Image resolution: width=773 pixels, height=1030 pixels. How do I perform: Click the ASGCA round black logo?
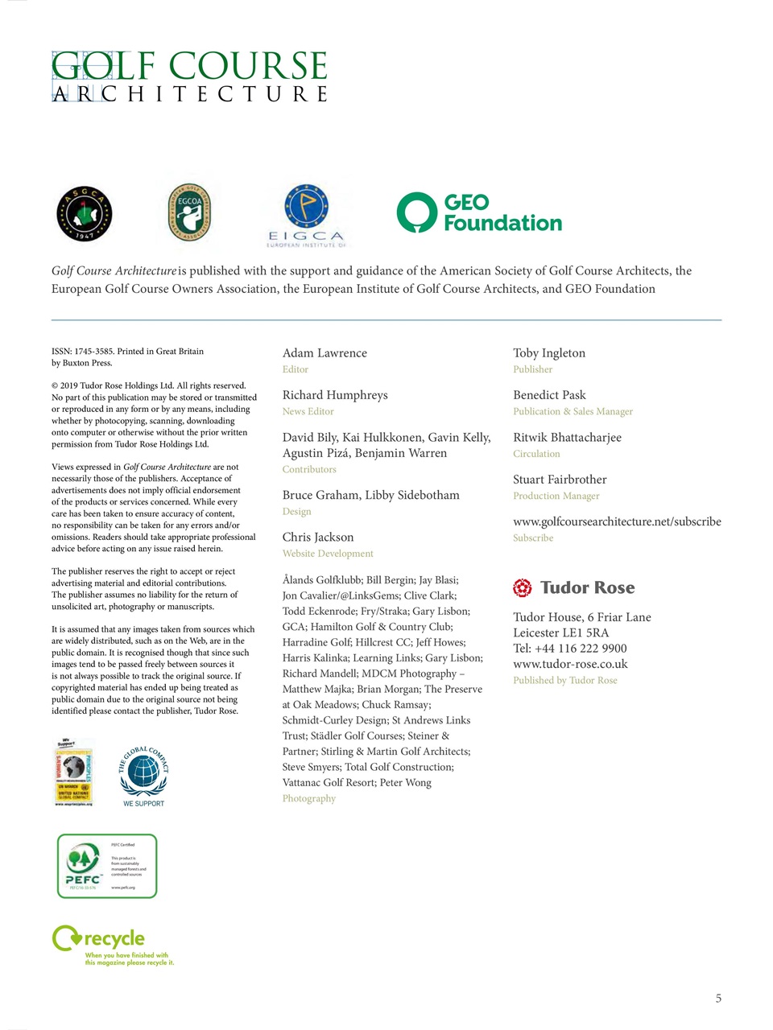coord(85,214)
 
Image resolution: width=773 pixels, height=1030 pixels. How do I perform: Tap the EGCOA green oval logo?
coord(189,213)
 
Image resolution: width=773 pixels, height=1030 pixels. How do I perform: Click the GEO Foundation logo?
coord(480,213)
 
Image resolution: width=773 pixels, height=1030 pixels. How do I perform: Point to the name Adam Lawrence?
coord(324,353)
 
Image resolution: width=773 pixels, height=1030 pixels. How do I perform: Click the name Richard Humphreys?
coord(335,395)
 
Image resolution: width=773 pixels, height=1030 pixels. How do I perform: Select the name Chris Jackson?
coord(318,538)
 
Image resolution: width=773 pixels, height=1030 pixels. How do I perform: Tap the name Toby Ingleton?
coord(549,353)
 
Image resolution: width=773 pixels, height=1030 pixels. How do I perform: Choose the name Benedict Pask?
coord(549,395)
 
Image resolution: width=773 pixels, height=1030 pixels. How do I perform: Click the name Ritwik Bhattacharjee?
coord(567,438)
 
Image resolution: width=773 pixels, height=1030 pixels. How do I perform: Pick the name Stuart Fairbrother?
coord(560,480)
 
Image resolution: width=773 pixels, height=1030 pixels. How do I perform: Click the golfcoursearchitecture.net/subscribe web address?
coord(617,521)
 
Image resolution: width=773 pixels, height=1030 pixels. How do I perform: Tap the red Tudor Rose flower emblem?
coord(523,588)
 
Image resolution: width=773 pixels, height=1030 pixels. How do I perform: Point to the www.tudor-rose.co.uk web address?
coord(570,664)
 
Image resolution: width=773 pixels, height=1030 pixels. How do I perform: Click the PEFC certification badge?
coord(107,866)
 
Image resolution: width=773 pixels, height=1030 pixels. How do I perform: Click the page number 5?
coord(718,999)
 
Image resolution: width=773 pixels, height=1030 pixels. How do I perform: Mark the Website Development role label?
coord(328,554)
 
